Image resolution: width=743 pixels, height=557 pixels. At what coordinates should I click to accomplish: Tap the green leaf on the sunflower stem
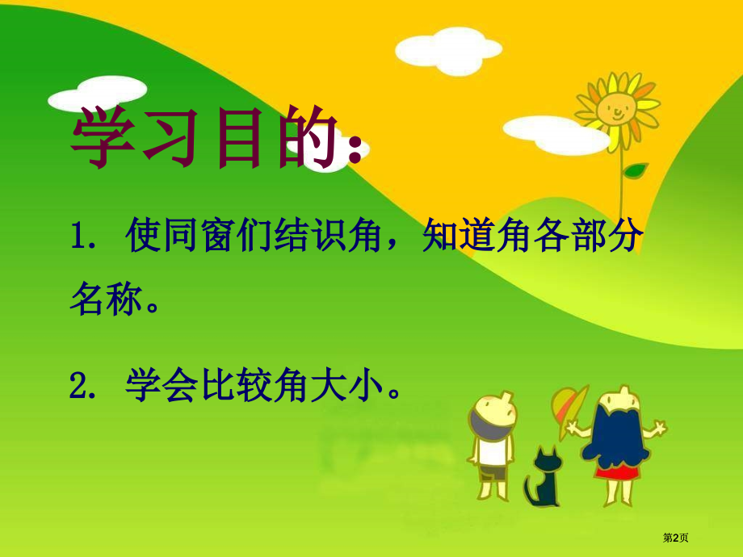tap(635, 170)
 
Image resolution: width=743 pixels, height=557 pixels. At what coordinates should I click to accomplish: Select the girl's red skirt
tap(615, 471)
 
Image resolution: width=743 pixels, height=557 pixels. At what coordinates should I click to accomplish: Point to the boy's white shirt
tap(493, 451)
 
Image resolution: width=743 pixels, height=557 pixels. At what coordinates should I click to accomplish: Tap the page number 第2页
tap(676, 538)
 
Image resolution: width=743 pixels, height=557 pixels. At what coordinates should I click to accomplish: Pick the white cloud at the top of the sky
tap(448, 50)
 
